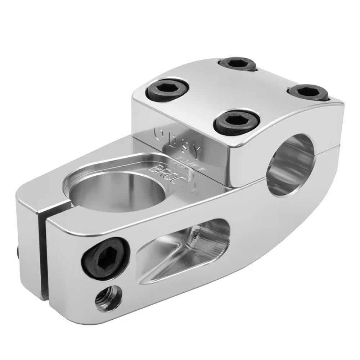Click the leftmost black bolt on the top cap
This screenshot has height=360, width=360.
[167, 90]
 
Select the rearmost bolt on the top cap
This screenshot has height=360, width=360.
[237, 64]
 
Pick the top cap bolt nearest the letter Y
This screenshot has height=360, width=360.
[237, 122]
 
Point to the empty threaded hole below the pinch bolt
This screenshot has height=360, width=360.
[108, 298]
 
